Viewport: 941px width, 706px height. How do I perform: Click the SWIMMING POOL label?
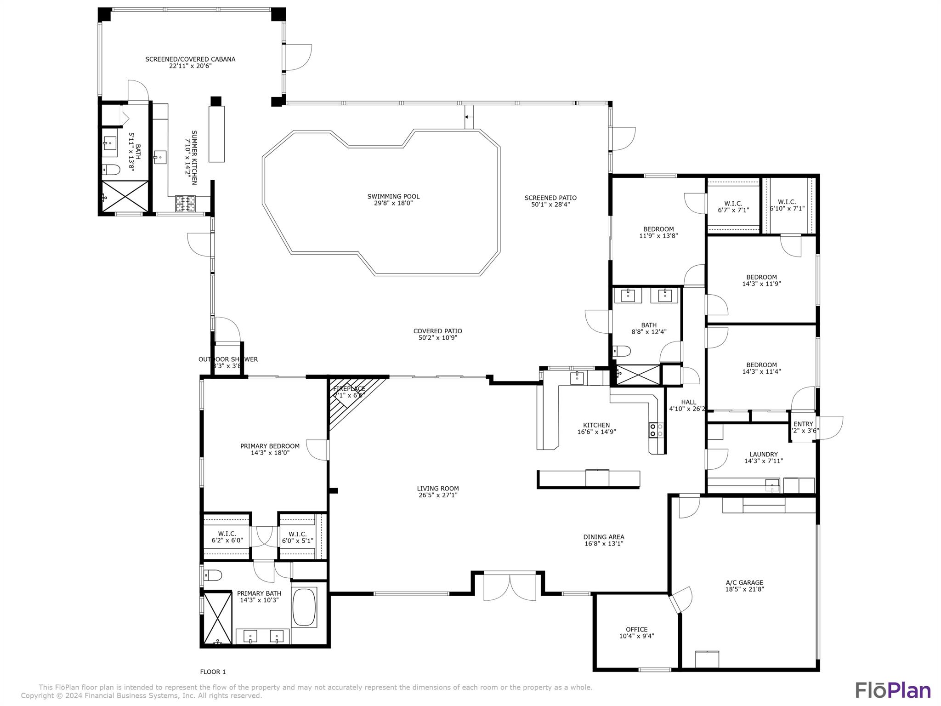point(393,196)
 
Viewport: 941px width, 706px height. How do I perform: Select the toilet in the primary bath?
point(213,575)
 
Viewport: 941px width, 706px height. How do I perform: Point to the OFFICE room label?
point(636,629)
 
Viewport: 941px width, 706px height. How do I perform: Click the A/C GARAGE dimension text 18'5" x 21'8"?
point(744,589)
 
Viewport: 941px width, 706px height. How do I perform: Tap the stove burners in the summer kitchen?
point(185,203)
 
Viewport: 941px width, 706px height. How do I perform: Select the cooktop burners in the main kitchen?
point(656,430)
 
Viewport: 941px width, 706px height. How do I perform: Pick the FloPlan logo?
point(893,690)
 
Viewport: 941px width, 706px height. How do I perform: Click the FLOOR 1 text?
point(213,672)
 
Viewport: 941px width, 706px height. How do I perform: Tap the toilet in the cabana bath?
point(111,170)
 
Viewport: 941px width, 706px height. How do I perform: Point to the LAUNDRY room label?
point(763,454)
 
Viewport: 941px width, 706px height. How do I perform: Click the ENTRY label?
point(803,424)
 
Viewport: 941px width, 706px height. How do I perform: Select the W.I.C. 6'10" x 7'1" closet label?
point(787,202)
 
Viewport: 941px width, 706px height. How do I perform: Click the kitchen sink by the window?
point(577,378)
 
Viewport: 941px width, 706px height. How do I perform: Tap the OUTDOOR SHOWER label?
point(228,359)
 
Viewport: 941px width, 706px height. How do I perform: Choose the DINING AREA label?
point(603,536)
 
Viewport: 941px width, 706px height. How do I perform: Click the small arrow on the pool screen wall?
point(467,117)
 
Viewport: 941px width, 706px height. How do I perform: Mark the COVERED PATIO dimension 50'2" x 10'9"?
point(437,338)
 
